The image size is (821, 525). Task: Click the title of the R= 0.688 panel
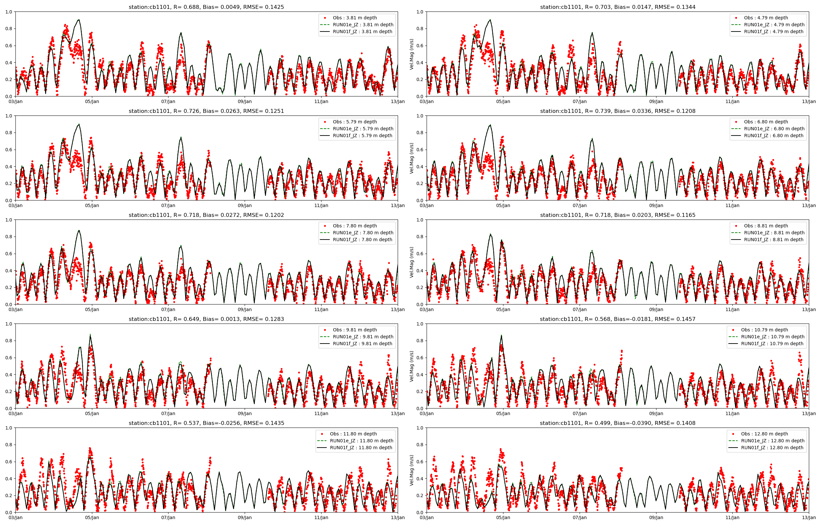coord(206,7)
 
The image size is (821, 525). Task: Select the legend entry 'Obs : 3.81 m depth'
coord(355,18)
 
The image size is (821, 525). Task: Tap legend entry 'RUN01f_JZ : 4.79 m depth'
coord(773,32)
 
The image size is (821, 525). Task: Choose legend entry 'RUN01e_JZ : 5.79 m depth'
coord(363,129)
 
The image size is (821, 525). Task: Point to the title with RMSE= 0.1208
coord(617,111)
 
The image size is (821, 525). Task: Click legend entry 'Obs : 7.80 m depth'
coord(355,226)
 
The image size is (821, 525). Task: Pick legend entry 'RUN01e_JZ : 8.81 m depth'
coord(774,233)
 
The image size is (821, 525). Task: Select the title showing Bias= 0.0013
coord(206,319)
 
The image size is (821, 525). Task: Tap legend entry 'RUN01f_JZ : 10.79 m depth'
coord(772,344)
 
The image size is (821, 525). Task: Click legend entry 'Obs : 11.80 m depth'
coord(353,434)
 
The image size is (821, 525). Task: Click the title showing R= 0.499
coord(617,423)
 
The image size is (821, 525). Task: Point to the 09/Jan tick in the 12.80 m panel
coord(656,517)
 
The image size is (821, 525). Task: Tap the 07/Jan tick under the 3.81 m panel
coord(168,102)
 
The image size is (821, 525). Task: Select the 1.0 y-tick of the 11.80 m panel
coord(9,428)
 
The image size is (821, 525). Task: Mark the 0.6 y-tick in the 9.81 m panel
coord(9,358)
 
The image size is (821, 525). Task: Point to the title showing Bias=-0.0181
coord(617,319)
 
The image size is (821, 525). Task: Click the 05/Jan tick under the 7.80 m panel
coord(92,309)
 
